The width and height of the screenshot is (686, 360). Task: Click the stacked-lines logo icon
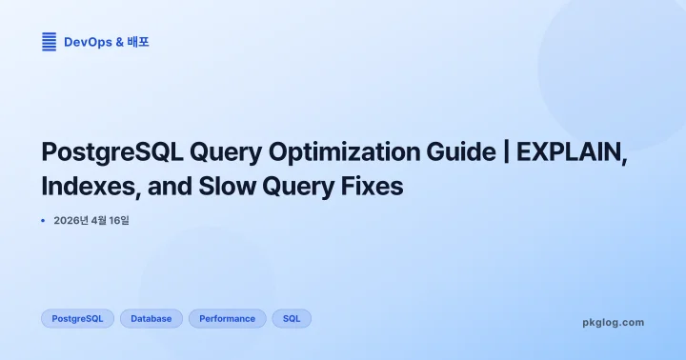[x=50, y=41]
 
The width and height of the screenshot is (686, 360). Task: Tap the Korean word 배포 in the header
[x=138, y=42]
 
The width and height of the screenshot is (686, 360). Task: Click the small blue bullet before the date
[x=44, y=221]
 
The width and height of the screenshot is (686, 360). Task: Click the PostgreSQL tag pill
[x=78, y=319]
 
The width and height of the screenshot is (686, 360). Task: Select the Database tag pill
[x=151, y=319]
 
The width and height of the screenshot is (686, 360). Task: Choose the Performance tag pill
[x=227, y=319]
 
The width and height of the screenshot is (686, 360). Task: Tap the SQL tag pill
[x=292, y=319]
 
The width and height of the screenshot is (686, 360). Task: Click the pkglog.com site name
[x=613, y=323]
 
